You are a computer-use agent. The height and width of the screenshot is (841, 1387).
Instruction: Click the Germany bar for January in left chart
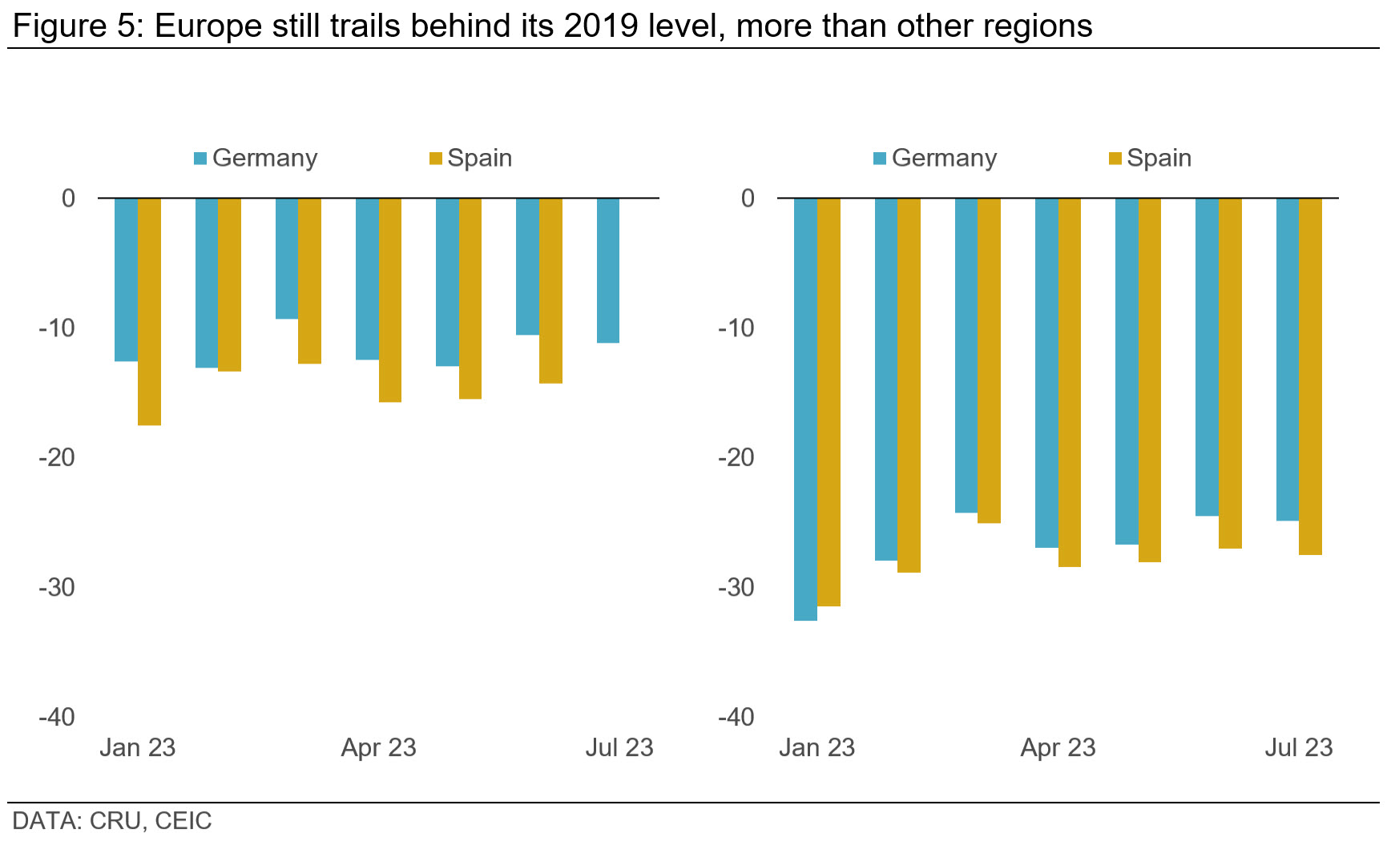[126, 280]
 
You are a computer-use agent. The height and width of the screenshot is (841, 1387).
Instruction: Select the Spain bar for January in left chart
[149, 312]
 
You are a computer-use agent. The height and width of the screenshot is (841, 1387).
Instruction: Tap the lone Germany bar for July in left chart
[607, 271]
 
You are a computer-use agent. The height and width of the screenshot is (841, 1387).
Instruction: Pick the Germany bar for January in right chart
[805, 408]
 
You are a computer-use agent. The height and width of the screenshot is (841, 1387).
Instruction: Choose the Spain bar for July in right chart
[1310, 376]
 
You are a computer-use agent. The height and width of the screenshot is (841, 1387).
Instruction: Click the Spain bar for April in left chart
[390, 300]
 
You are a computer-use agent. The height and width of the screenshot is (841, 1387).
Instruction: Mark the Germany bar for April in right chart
[1046, 372]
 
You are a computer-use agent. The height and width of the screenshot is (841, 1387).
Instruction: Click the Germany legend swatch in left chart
[200, 159]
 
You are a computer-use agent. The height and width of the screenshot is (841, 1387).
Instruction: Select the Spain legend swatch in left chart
[436, 159]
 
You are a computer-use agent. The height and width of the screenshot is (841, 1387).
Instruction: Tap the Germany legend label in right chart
[944, 158]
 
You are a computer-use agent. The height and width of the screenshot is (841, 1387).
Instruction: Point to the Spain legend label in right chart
[1159, 158]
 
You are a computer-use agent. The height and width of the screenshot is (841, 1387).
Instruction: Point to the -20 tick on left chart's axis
[57, 457]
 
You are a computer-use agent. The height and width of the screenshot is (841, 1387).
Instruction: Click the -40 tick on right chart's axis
[736, 717]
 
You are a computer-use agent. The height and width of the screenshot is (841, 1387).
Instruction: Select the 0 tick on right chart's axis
[748, 198]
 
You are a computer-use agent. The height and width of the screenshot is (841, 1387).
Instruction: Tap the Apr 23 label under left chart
[378, 747]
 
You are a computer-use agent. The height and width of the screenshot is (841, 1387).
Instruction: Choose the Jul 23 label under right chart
[1298, 747]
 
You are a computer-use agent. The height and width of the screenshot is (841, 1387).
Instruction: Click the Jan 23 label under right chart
[816, 747]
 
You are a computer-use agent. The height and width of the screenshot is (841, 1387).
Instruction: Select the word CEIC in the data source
[183, 821]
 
